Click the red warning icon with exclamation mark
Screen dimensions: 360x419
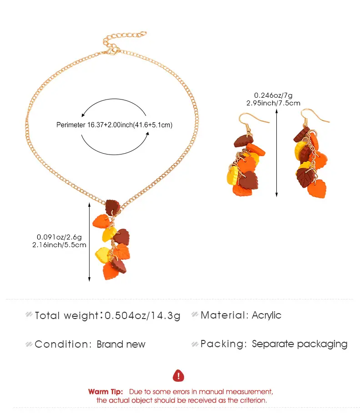[178, 375]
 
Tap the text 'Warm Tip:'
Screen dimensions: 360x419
[105, 392]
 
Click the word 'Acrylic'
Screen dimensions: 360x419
[266, 315]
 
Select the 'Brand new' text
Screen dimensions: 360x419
[121, 344]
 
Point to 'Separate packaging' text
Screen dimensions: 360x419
[300, 344]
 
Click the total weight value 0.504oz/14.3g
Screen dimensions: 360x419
[142, 315]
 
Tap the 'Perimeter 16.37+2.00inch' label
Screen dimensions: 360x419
[95, 125]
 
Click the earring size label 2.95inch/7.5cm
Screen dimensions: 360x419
[273, 103]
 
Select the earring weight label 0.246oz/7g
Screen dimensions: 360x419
[273, 95]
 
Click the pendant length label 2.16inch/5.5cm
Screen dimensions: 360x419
[59, 245]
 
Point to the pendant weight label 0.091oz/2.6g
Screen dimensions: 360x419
[59, 237]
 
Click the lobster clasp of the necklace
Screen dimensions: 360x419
[113, 50]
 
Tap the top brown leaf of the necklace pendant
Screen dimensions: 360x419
[113, 207]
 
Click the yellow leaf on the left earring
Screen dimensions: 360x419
[232, 175]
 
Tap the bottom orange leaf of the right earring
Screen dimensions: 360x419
[317, 189]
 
